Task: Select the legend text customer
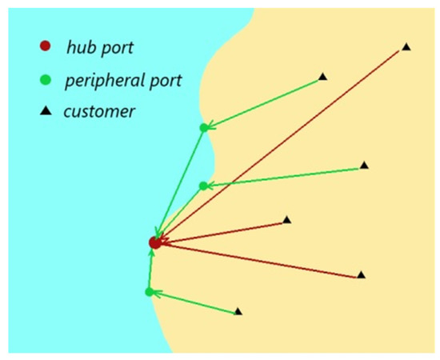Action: (x=100, y=111)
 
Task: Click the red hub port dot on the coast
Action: (x=155, y=242)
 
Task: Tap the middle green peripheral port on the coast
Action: (x=203, y=186)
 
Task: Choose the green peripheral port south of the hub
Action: (x=150, y=292)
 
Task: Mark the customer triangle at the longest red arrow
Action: (x=406, y=48)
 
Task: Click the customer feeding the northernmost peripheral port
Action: (x=322, y=77)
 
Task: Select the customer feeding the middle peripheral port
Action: (x=364, y=165)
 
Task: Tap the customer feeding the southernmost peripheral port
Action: (x=238, y=311)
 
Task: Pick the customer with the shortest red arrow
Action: (x=287, y=219)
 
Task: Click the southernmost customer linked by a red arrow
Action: (x=361, y=274)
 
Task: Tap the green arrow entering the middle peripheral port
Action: (x=284, y=176)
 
